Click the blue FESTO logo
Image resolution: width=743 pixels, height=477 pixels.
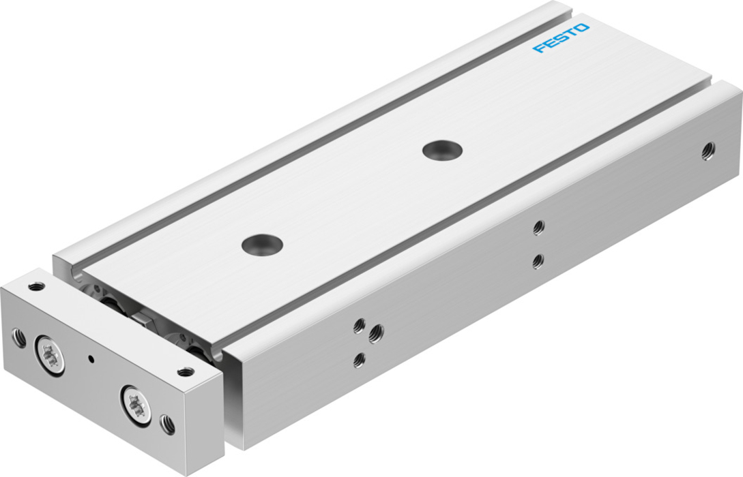[x=561, y=38]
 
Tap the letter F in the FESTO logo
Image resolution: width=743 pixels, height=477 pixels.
[x=538, y=48]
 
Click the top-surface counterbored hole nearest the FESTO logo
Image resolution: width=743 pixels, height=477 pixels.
[x=442, y=150]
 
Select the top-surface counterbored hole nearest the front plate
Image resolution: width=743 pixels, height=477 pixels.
[x=262, y=244]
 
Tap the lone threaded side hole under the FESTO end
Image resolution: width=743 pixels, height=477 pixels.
[x=709, y=151]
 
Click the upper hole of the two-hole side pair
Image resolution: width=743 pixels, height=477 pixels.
[x=538, y=228]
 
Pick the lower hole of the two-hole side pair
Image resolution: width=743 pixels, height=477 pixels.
[x=538, y=261]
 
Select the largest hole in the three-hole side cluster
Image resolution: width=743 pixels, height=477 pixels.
[x=376, y=334]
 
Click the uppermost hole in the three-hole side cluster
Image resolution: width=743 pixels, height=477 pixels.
[x=360, y=326]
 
